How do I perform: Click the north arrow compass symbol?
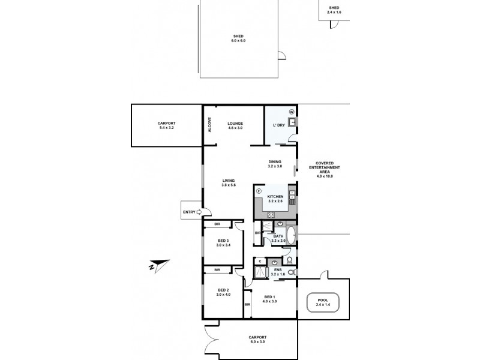pos(159,265)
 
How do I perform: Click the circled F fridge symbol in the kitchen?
pos(259,191)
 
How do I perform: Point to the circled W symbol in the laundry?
pos(291,111)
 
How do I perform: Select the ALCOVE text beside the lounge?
pos(209,124)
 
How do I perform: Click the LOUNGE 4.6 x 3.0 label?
pos(235,125)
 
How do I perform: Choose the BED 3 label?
pos(223,243)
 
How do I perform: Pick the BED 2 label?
pos(223,292)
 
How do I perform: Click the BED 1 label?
pos(270,298)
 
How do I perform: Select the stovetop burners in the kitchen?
pos(271,215)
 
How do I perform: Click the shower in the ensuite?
pos(262,271)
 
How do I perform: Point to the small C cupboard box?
pos(259,261)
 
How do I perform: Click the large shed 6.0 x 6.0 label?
pos(239,38)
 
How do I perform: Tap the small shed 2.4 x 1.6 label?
pos(334,9)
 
